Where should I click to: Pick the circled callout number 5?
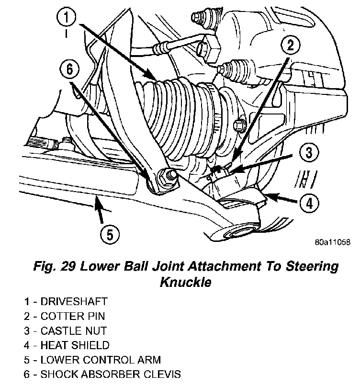pos(110,234)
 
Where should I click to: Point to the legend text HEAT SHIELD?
pos(75,344)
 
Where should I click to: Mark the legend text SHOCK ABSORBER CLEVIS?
pos(111,373)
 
